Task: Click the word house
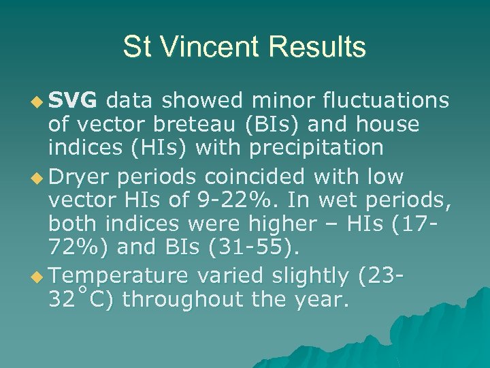tap(385, 125)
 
